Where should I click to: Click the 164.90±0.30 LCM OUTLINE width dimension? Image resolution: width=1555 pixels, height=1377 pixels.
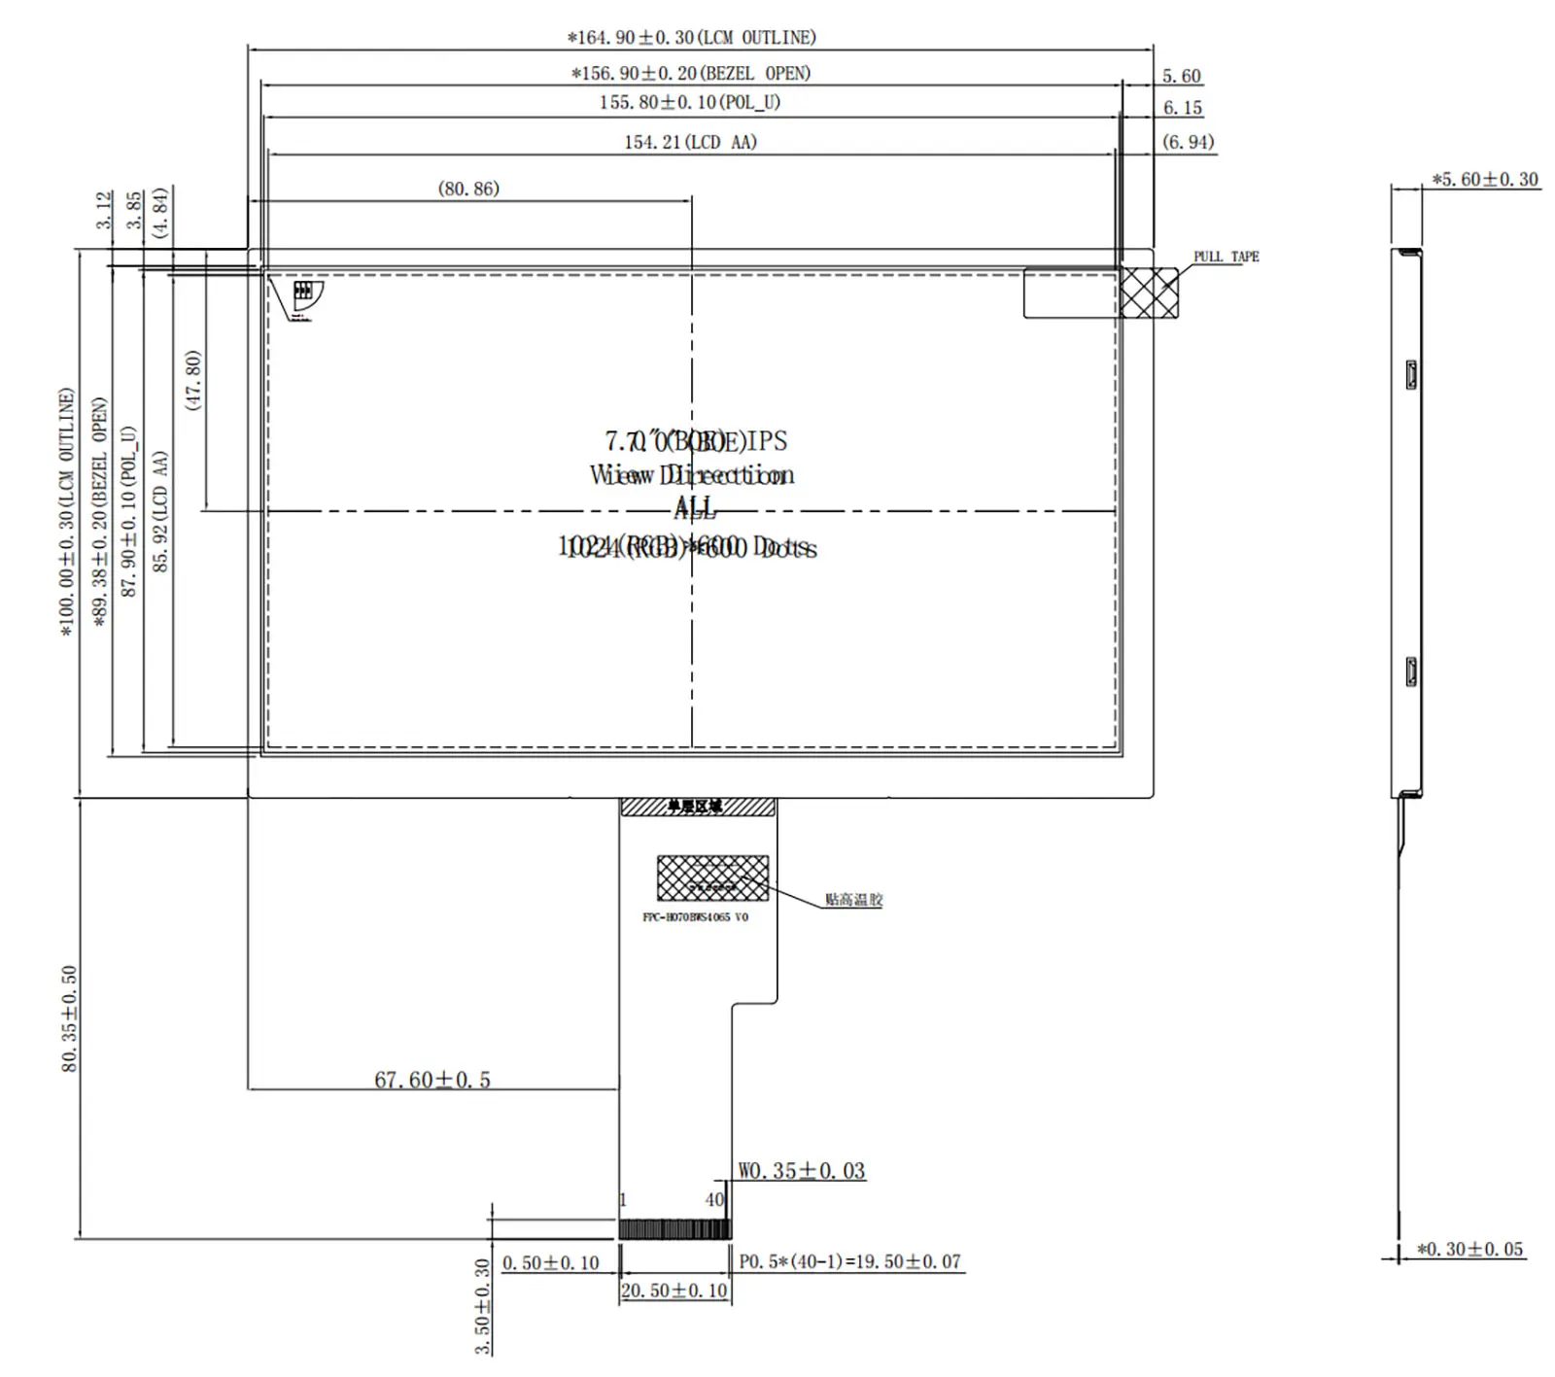click(x=691, y=38)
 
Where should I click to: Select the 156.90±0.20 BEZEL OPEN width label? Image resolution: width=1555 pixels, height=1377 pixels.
click(x=690, y=74)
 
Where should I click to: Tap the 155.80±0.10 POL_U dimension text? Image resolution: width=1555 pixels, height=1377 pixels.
click(x=689, y=103)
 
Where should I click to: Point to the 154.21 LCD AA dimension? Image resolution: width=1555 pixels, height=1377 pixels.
click(x=690, y=143)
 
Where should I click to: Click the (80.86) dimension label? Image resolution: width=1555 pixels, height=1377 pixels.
click(x=468, y=189)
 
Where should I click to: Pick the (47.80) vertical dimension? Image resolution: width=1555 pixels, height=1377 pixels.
click(x=193, y=381)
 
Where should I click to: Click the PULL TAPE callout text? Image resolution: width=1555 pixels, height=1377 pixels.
click(x=1226, y=257)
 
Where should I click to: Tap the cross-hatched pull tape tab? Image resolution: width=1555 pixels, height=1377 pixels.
click(x=1149, y=293)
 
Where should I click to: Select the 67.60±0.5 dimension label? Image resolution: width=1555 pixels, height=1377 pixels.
click(x=432, y=1080)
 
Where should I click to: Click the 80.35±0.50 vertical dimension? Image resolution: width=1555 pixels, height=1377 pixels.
click(x=69, y=1018)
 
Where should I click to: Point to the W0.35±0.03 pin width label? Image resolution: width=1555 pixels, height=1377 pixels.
click(x=801, y=1171)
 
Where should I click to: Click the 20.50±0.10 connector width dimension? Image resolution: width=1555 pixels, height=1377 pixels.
click(x=674, y=1291)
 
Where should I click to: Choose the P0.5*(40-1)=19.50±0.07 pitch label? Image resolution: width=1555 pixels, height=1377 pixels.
click(x=849, y=1261)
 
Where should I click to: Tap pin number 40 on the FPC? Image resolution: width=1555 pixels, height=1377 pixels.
click(x=714, y=1200)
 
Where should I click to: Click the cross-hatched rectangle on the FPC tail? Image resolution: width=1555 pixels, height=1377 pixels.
click(x=712, y=878)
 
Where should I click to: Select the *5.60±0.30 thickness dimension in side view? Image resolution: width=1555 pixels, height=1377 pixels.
click(x=1485, y=180)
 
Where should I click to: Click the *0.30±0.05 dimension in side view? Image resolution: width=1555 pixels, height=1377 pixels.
click(x=1469, y=1250)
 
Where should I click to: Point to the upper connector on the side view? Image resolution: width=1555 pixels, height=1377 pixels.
click(x=1411, y=374)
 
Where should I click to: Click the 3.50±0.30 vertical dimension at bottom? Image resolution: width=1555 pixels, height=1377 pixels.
click(x=482, y=1307)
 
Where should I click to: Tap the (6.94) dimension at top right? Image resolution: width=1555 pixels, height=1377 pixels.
click(x=1188, y=142)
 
